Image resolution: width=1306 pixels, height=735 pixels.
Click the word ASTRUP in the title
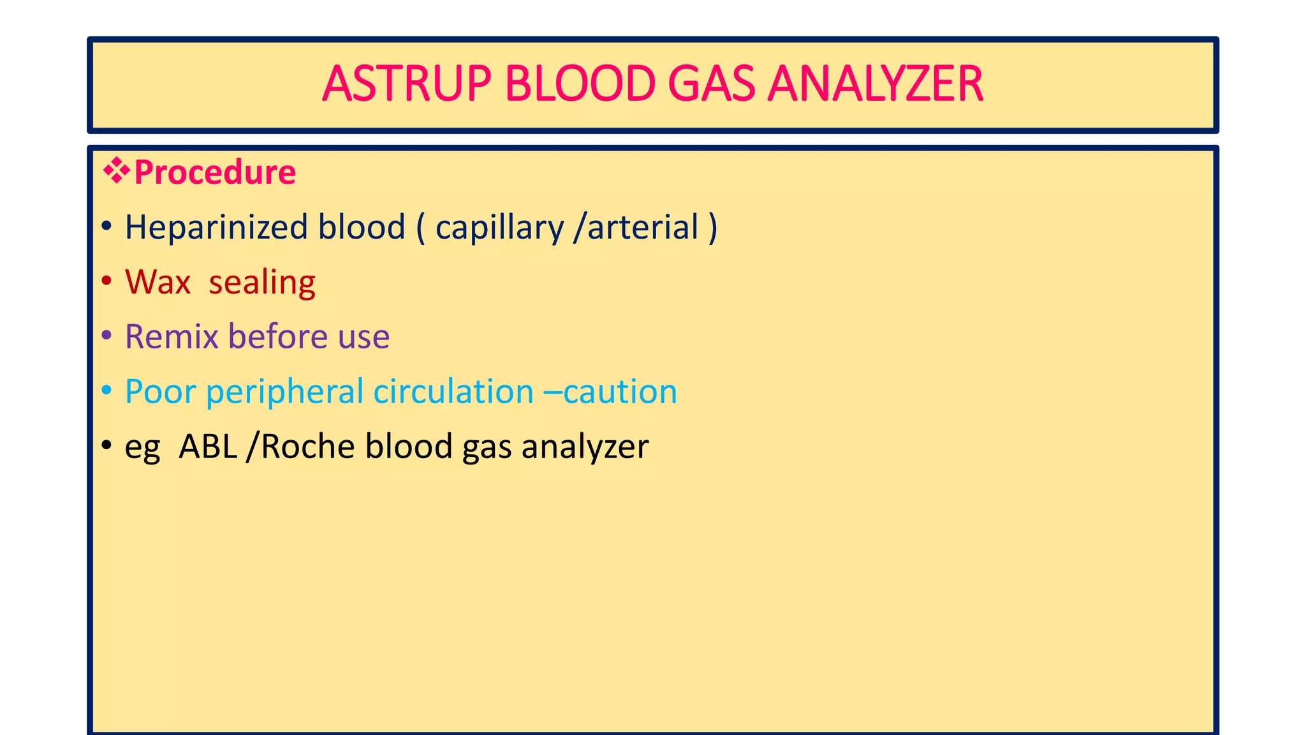click(406, 84)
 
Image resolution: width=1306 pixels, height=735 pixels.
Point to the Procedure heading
click(215, 173)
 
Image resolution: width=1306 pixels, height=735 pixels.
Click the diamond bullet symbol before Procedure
click(116, 172)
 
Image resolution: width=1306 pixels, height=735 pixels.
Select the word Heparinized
click(216, 228)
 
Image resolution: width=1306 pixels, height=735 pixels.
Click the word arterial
click(643, 228)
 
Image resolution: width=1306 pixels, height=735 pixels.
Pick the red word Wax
click(158, 282)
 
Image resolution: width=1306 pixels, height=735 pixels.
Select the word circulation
click(453, 392)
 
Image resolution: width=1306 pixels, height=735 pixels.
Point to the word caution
click(620, 392)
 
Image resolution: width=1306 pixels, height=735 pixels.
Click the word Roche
click(307, 447)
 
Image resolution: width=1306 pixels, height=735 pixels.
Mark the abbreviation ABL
click(208, 447)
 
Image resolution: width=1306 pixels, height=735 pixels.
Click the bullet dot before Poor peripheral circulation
click(106, 390)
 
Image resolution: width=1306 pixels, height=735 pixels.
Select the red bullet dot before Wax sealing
click(106, 281)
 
